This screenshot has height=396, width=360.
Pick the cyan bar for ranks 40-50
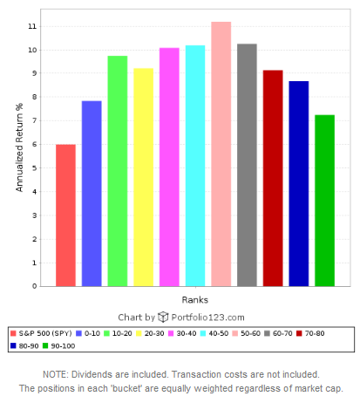pos(194,166)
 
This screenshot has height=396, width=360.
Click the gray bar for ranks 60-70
pos(247,165)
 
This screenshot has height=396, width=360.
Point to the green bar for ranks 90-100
pos(324,201)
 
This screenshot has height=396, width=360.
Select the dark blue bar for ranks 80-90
pos(298,183)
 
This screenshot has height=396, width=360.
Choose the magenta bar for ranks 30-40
pos(169,167)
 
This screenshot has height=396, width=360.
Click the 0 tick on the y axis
pos(34,286)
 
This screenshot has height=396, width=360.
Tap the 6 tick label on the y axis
pos(34,145)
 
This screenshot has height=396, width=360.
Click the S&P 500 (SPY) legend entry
pos(41,333)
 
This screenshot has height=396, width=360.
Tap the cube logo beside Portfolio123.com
pos(163,317)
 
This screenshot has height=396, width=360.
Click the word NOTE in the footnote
pos(56,373)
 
